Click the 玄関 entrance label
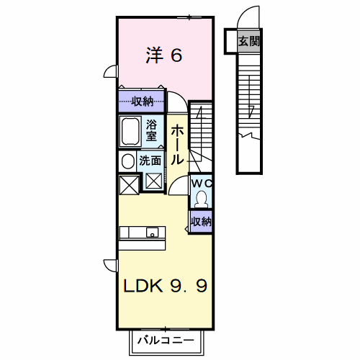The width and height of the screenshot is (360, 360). (x=249, y=41)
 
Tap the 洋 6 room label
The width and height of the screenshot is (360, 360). (x=164, y=55)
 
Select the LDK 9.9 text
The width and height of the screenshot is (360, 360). (x=166, y=286)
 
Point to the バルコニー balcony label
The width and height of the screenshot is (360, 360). (x=166, y=340)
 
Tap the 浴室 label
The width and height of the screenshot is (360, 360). (x=151, y=130)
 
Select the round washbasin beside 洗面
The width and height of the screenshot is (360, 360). (x=128, y=161)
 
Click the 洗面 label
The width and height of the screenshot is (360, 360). (x=150, y=161)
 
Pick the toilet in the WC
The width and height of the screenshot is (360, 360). (x=201, y=199)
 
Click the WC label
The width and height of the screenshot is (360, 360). (x=202, y=184)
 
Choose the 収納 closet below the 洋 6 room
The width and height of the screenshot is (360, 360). (x=141, y=102)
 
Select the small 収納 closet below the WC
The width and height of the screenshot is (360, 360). (x=201, y=222)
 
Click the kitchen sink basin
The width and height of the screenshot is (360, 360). (x=153, y=233)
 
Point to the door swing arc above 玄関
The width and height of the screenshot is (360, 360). (x=248, y=15)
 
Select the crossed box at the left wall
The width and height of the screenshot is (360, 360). (x=129, y=185)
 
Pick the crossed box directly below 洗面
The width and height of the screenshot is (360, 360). (x=154, y=181)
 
